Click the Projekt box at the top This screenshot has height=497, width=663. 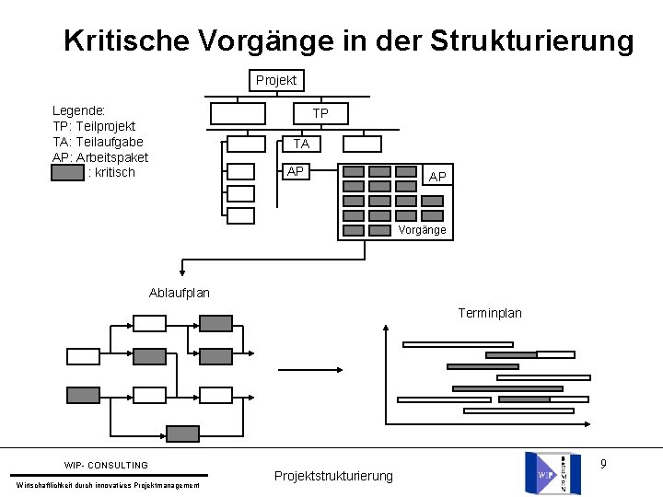pos(276,80)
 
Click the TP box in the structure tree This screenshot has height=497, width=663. pos(320,113)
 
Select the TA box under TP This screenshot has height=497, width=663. pos(301,144)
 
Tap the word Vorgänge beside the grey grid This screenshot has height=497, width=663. pos(423,230)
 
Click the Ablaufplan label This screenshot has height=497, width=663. pos(179,293)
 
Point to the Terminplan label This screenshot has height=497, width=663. pos(490,313)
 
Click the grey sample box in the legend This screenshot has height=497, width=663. pos(68,172)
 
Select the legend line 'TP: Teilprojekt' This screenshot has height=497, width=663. pos(94,126)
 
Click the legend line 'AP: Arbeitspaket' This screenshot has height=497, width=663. pos(100,157)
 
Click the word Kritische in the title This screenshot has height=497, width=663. pos(125,41)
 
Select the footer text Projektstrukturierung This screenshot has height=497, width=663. pos(333,476)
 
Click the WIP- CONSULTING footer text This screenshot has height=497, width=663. pos(106,465)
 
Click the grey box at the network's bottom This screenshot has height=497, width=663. pos(182,433)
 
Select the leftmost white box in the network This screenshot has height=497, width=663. pos(83,356)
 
